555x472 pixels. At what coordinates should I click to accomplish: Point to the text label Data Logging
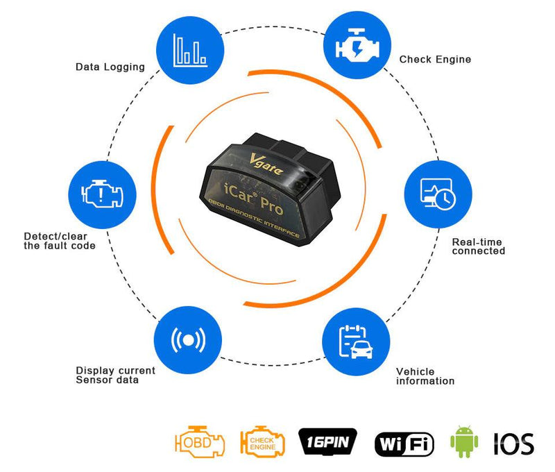pos(110,67)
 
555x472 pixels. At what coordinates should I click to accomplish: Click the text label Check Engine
pos(435,60)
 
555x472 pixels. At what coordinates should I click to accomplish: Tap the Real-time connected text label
pos(478,246)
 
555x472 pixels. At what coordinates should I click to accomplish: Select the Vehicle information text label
pos(425,376)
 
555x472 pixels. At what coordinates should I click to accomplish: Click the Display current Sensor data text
pos(115,375)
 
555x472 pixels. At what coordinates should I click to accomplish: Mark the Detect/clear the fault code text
pos(60,241)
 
